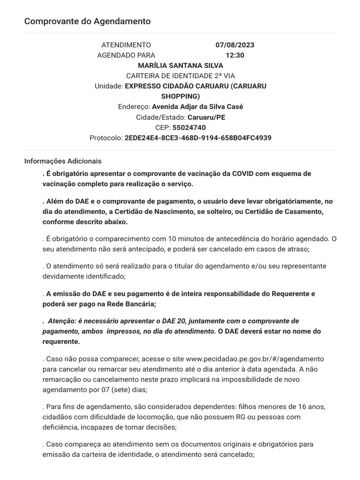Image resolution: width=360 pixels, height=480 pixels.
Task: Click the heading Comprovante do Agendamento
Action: coord(87,21)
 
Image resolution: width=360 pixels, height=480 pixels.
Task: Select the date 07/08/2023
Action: coord(235,45)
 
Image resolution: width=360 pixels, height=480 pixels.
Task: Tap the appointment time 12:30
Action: coord(235,55)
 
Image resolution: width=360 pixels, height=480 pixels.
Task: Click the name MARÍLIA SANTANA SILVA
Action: coord(180,66)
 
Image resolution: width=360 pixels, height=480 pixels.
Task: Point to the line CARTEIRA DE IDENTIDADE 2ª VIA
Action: coord(180,76)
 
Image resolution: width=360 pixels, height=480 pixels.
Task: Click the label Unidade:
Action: coord(108,86)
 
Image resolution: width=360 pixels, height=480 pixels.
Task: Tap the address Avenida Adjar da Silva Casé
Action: coord(197,107)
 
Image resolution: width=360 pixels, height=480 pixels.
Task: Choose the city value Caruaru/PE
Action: coord(206,117)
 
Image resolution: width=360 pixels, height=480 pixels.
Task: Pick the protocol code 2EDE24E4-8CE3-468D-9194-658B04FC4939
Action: coord(198,138)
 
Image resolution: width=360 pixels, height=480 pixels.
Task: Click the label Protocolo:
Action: coord(106,138)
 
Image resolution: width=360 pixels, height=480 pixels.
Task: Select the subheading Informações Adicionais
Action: coord(63,161)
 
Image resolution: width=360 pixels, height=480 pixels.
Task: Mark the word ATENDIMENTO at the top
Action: coord(126,45)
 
